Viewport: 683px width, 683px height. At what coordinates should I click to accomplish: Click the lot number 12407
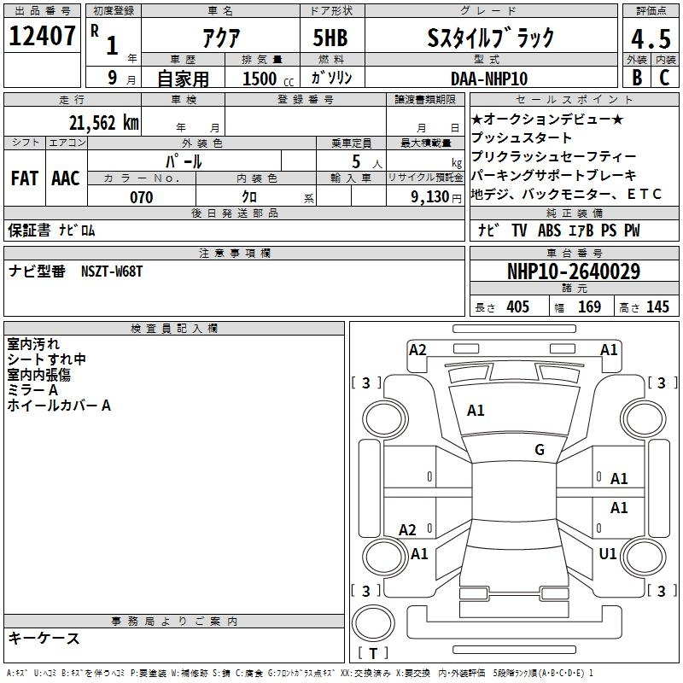click(43, 36)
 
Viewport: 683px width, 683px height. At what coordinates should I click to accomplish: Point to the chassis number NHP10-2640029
click(573, 271)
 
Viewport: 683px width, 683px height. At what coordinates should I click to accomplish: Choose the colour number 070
click(141, 197)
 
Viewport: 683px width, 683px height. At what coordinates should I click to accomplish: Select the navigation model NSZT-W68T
click(112, 271)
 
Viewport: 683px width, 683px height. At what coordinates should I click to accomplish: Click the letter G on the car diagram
click(540, 450)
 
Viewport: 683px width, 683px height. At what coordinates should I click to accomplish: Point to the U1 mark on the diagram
click(608, 554)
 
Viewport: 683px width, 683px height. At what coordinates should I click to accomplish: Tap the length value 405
click(517, 306)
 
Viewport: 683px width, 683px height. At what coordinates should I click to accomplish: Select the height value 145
click(657, 306)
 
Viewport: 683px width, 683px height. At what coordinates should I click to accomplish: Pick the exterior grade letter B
click(637, 78)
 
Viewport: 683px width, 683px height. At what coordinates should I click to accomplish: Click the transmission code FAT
click(24, 178)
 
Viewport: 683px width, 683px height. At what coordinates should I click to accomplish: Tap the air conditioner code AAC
click(66, 178)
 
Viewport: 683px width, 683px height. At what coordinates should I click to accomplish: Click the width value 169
click(589, 306)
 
